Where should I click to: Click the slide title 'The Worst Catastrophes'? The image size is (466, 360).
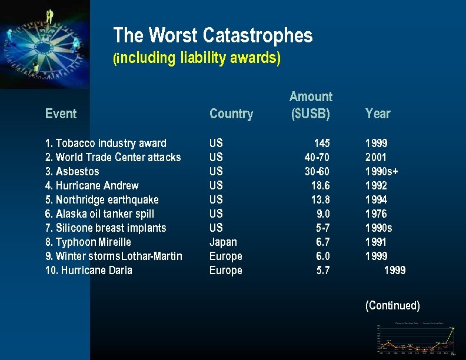(x=212, y=36)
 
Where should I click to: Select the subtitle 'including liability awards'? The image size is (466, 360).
(x=197, y=58)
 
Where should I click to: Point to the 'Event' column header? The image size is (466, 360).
(x=61, y=114)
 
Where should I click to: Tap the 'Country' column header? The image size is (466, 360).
(x=231, y=114)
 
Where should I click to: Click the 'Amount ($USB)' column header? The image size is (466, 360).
(x=311, y=105)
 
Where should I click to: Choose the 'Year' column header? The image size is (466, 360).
(x=378, y=114)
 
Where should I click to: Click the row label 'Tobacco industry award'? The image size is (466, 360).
(x=106, y=143)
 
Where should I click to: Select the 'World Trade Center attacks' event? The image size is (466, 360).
(x=113, y=157)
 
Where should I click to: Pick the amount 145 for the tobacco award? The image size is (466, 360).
(x=322, y=143)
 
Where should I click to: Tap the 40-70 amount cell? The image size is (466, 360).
(x=317, y=157)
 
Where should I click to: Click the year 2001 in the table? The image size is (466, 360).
(x=376, y=157)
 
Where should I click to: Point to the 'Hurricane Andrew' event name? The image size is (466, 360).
(x=92, y=185)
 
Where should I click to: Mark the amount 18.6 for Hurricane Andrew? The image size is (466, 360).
(x=320, y=185)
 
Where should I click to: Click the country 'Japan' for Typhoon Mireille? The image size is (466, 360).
(x=223, y=242)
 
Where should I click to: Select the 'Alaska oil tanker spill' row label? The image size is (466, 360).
(x=99, y=214)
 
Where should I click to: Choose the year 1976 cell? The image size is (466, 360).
(x=376, y=214)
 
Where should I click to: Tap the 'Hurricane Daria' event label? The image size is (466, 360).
(x=89, y=270)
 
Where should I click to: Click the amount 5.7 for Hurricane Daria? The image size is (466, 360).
(x=323, y=270)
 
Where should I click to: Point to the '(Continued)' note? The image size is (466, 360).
(x=392, y=305)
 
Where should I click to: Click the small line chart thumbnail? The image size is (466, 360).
(x=417, y=339)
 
